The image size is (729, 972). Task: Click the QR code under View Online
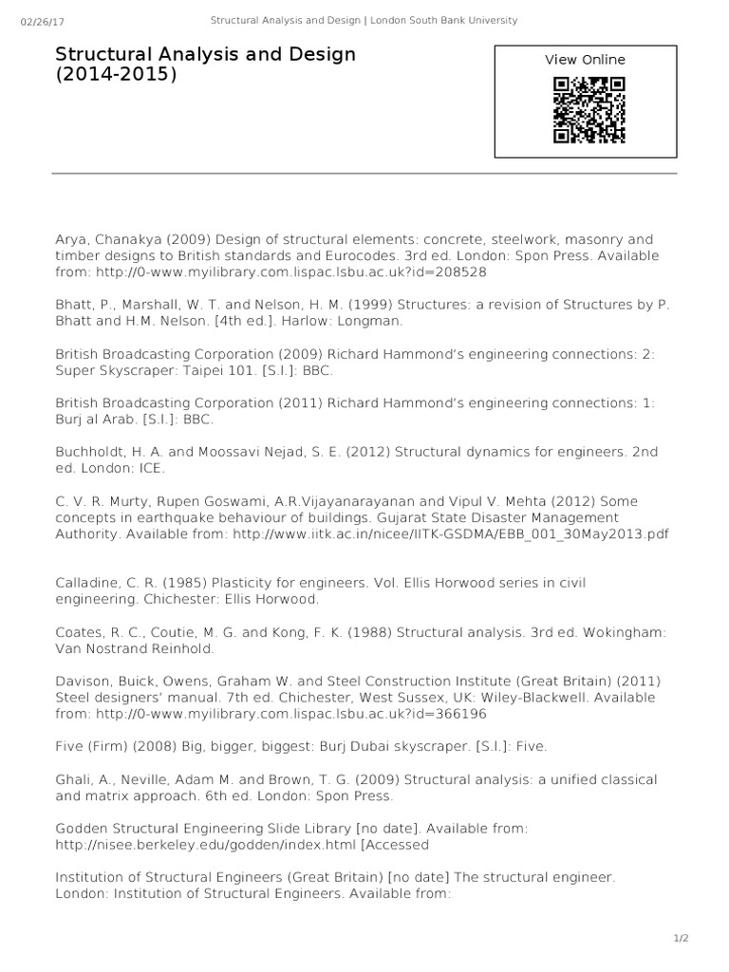pos(589,109)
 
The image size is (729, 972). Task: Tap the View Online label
pos(585,60)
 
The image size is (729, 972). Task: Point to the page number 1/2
pos(681,939)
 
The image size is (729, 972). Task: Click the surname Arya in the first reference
pos(70,240)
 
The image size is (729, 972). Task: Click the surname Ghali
pos(72,779)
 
